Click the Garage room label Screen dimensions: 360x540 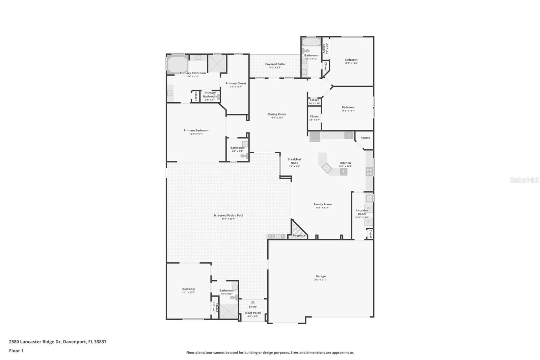click(321, 276)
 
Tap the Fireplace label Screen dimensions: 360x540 click(299, 235)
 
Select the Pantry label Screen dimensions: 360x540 click(365, 138)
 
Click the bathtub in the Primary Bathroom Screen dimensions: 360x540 click(178, 65)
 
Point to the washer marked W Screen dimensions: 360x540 click(369, 208)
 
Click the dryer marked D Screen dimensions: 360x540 click(369, 222)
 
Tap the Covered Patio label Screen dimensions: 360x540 click(275, 64)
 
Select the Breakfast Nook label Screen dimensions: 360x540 click(294, 161)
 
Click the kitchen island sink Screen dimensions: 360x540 click(343, 172)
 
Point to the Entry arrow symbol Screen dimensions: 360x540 click(253, 302)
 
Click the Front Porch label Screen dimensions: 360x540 click(253, 313)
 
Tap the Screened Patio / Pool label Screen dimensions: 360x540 click(228, 215)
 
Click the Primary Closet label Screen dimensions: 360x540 click(236, 83)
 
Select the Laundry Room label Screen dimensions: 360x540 click(362, 212)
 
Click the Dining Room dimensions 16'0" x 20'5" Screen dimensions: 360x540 click(277, 118)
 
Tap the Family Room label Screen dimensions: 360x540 click(322, 204)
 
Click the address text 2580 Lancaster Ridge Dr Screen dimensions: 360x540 click(35, 342)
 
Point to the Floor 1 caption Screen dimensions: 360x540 click(16, 351)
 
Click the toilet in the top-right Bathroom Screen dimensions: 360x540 click(306, 51)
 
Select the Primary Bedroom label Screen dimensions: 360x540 click(196, 130)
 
